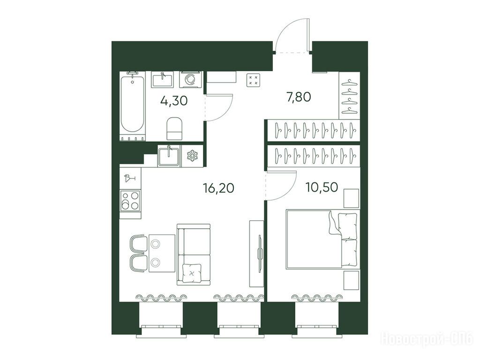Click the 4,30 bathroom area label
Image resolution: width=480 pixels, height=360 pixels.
(x=174, y=100)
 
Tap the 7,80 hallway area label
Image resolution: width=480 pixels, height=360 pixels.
(x=299, y=97)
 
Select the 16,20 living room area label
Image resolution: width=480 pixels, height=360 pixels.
(x=218, y=187)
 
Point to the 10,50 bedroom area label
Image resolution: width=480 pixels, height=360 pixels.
(x=322, y=187)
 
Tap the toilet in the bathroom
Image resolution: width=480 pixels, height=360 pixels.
(x=174, y=128)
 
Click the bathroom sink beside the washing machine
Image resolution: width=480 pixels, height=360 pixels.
(x=162, y=80)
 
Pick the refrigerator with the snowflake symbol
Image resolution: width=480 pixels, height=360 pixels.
(x=193, y=156)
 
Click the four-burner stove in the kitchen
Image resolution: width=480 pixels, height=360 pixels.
(x=130, y=200)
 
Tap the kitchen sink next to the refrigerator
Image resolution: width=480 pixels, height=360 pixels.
(x=169, y=156)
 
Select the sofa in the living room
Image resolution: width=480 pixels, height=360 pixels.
(x=194, y=255)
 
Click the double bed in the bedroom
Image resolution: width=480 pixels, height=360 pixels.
(x=322, y=239)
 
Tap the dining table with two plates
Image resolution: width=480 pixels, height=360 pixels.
(x=162, y=253)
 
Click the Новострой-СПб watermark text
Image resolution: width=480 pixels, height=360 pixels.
(x=427, y=339)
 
